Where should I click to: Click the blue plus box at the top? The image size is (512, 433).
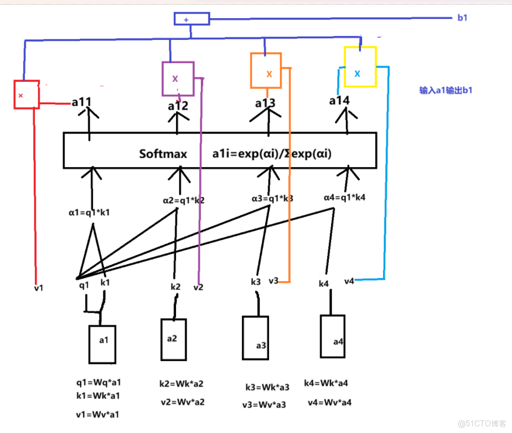coord(192,19)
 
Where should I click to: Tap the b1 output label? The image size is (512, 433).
coord(463,18)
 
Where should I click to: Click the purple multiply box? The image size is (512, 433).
coord(178,79)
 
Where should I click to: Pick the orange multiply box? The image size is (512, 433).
coord(266,70)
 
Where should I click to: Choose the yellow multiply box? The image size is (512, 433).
coord(360,67)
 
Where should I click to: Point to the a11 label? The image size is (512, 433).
coord(82,102)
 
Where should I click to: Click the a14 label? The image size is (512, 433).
coord(339,101)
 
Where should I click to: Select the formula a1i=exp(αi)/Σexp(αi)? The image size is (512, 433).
coord(272,153)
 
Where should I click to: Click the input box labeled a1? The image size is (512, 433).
coord(102,343)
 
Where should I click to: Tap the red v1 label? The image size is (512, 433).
coord(38,288)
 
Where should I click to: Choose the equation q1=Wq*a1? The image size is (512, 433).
coord(98,382)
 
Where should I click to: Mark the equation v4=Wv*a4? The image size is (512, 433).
coord(329,403)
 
